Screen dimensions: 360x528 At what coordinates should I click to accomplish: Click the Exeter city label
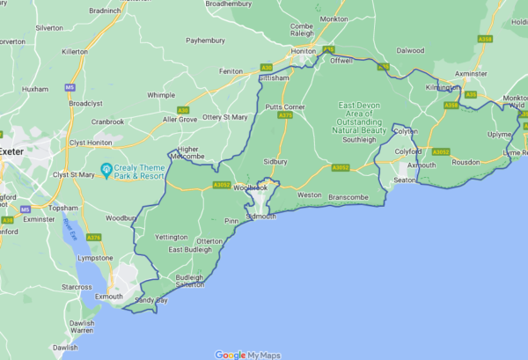11,151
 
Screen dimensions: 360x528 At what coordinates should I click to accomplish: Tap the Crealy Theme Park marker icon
106,168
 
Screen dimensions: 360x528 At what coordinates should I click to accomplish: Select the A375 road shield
284,115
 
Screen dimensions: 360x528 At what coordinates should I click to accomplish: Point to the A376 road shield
94,237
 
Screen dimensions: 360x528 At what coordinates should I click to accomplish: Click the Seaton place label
405,180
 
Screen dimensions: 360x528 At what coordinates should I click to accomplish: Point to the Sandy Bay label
150,299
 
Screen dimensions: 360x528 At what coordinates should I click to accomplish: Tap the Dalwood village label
410,51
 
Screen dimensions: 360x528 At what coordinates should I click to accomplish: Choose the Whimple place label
161,94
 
